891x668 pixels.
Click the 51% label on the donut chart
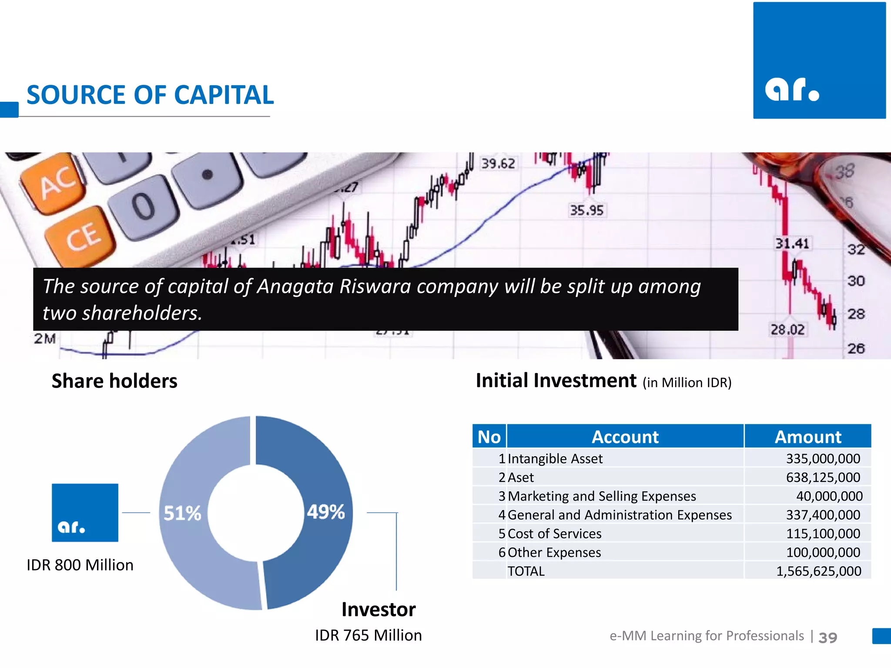182,513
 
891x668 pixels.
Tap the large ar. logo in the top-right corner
819,60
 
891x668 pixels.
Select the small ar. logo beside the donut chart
85,513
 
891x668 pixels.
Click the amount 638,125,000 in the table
823,478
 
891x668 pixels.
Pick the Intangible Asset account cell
555,459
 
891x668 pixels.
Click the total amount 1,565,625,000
818,571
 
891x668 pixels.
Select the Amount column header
808,437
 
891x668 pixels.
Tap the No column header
489,437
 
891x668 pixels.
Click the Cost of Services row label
554,534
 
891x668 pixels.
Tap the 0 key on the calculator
144,206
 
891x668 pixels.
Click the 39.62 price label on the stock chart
498,164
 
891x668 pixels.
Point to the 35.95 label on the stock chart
586,210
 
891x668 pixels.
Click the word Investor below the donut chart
379,609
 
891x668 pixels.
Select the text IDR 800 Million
80,565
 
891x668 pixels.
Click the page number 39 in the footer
827,638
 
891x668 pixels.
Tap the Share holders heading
114,381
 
